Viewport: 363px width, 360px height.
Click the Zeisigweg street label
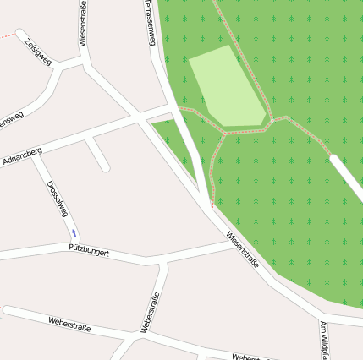click(39, 51)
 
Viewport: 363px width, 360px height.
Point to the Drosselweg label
click(57, 198)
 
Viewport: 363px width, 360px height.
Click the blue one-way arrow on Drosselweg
click(74, 232)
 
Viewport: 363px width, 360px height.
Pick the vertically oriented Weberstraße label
click(150, 312)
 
